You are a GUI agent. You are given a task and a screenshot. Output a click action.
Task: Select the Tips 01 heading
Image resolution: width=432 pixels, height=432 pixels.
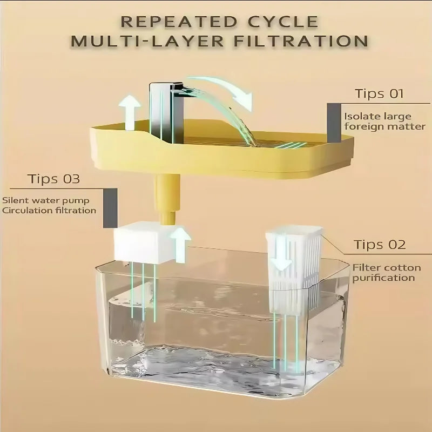[x=379, y=93]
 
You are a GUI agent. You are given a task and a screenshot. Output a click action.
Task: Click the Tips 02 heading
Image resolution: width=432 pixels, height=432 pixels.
[x=380, y=245]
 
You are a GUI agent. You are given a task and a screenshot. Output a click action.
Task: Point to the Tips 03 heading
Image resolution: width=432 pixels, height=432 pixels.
[x=53, y=179]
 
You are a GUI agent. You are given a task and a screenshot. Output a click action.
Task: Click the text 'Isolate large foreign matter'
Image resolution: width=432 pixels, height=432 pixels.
[x=384, y=122]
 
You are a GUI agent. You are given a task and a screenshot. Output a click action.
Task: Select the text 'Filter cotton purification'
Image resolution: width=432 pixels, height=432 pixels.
[x=383, y=272]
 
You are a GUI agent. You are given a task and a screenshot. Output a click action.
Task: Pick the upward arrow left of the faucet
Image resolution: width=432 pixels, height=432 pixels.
[x=130, y=112]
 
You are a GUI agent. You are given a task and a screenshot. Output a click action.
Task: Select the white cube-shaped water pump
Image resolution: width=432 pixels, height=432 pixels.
[x=142, y=244]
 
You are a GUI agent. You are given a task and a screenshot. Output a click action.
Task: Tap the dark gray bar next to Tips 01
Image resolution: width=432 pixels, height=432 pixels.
[x=333, y=116]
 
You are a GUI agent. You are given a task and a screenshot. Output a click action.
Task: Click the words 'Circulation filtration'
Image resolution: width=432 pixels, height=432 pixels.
[x=49, y=211]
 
